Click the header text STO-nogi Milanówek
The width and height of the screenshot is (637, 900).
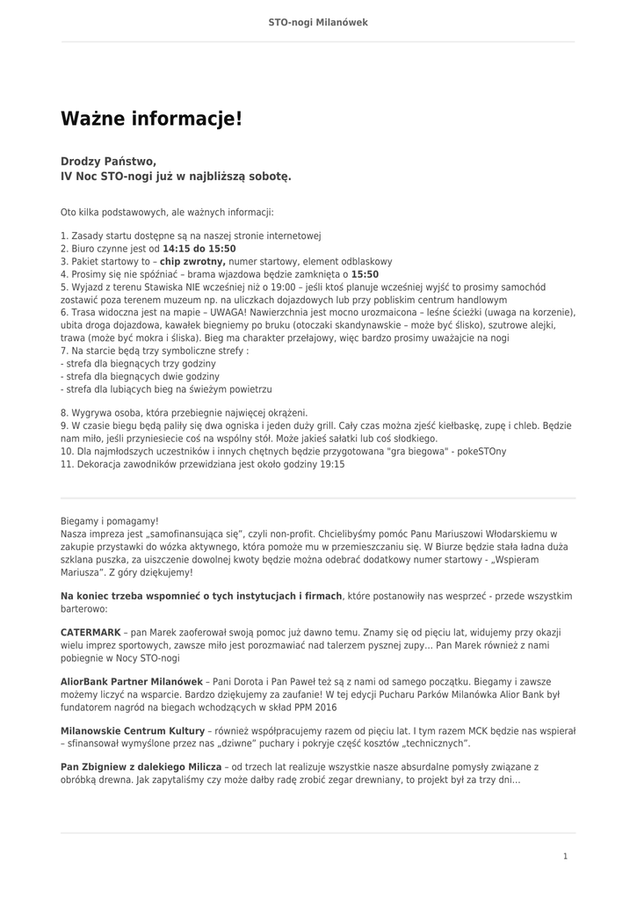[318, 22]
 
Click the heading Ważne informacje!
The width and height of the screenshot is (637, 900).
[151, 119]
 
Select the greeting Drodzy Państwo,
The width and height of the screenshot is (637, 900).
[108, 161]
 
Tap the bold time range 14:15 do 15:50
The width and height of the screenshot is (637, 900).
[199, 249]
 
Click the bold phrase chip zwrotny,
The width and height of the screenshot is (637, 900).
[192, 262]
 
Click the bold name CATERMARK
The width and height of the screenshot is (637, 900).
[90, 633]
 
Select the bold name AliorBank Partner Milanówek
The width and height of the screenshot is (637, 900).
[131, 682]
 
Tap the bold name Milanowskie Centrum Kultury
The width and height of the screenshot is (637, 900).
[133, 731]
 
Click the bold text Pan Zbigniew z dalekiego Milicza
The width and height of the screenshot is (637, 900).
[141, 767]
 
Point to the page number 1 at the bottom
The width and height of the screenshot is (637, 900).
[565, 856]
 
